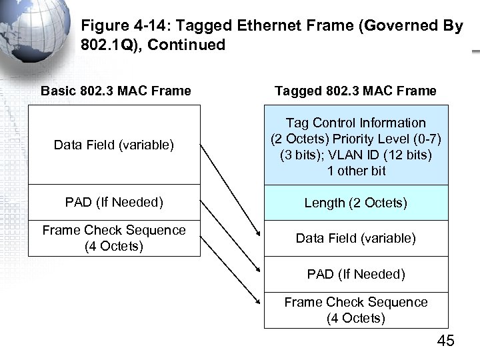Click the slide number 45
(x=445, y=341)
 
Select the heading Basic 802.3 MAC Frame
(x=115, y=91)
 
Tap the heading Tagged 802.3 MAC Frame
(x=356, y=91)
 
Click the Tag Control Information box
(x=356, y=145)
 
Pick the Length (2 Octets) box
(x=356, y=203)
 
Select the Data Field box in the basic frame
(x=114, y=145)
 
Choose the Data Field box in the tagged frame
(x=356, y=238)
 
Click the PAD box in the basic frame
(x=114, y=202)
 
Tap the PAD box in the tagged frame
(x=356, y=274)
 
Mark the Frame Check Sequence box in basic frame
(x=114, y=238)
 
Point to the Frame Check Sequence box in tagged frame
(x=356, y=310)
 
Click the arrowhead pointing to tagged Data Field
(x=258, y=234)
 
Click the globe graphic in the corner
(x=33, y=30)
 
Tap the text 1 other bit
(x=356, y=171)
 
